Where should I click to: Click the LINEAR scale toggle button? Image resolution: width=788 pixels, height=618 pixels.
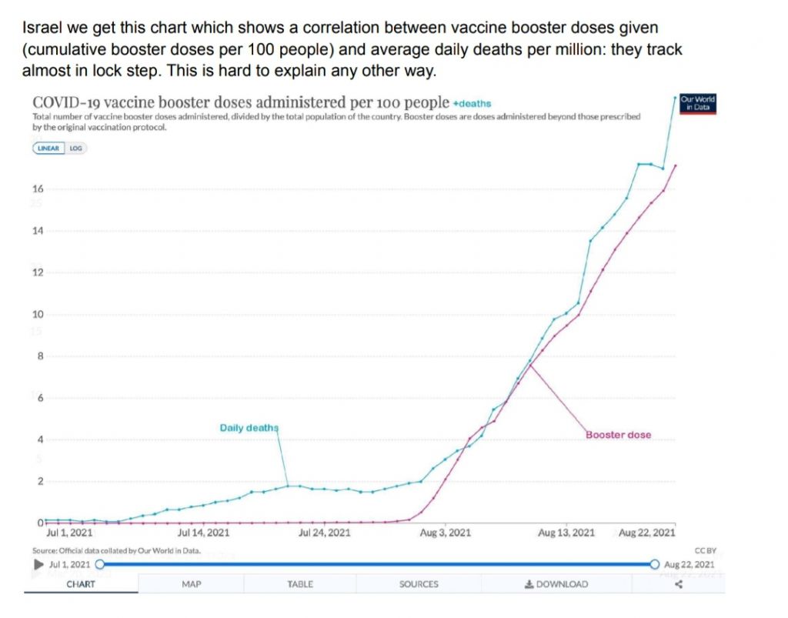click(x=48, y=148)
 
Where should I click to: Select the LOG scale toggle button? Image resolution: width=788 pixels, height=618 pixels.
click(x=75, y=148)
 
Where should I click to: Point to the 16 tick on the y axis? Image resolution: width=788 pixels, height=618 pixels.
click(x=38, y=189)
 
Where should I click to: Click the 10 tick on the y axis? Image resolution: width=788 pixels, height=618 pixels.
click(x=38, y=315)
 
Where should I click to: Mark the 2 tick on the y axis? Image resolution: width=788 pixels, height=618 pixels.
click(x=40, y=482)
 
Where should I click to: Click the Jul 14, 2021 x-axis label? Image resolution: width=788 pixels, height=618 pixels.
click(x=203, y=533)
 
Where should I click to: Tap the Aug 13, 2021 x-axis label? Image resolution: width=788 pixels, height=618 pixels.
click(x=566, y=533)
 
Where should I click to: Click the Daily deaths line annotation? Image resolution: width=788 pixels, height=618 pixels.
click(x=249, y=428)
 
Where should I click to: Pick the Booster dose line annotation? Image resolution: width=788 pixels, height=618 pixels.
click(x=618, y=435)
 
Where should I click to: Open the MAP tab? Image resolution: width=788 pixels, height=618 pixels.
click(x=192, y=584)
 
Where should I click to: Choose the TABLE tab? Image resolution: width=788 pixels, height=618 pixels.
click(x=300, y=584)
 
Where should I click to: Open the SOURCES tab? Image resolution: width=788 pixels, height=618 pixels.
click(x=419, y=584)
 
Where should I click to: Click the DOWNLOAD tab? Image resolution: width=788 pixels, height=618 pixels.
click(x=556, y=584)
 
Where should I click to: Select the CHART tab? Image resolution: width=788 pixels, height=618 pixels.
click(x=81, y=584)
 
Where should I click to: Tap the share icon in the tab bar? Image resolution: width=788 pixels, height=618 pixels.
click(x=679, y=584)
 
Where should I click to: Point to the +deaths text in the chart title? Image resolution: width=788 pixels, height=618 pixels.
click(x=472, y=103)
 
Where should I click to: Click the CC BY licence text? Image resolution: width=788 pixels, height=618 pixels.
click(x=705, y=550)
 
